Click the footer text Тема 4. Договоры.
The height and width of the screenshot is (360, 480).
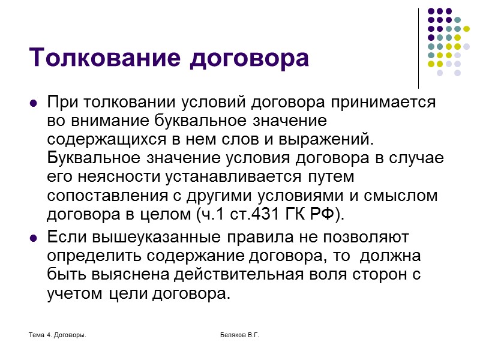tap(58, 334)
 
